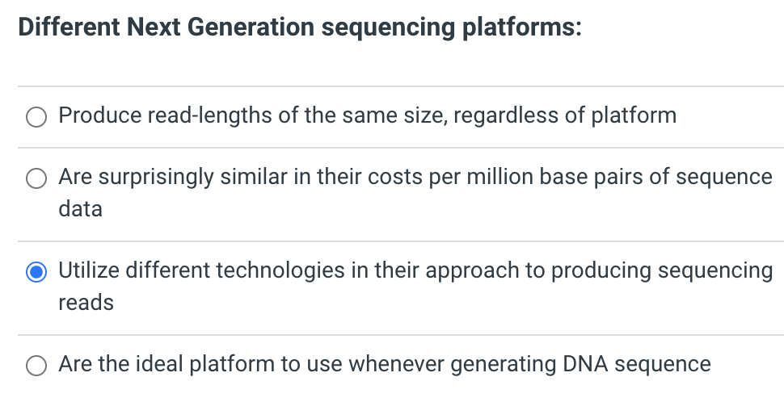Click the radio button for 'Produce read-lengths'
[36, 117]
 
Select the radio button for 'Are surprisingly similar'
[36, 178]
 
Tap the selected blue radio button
[36, 272]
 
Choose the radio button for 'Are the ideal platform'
[36, 366]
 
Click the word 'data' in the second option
[80, 209]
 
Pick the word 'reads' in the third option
[86, 303]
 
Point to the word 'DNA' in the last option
[582, 364]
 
